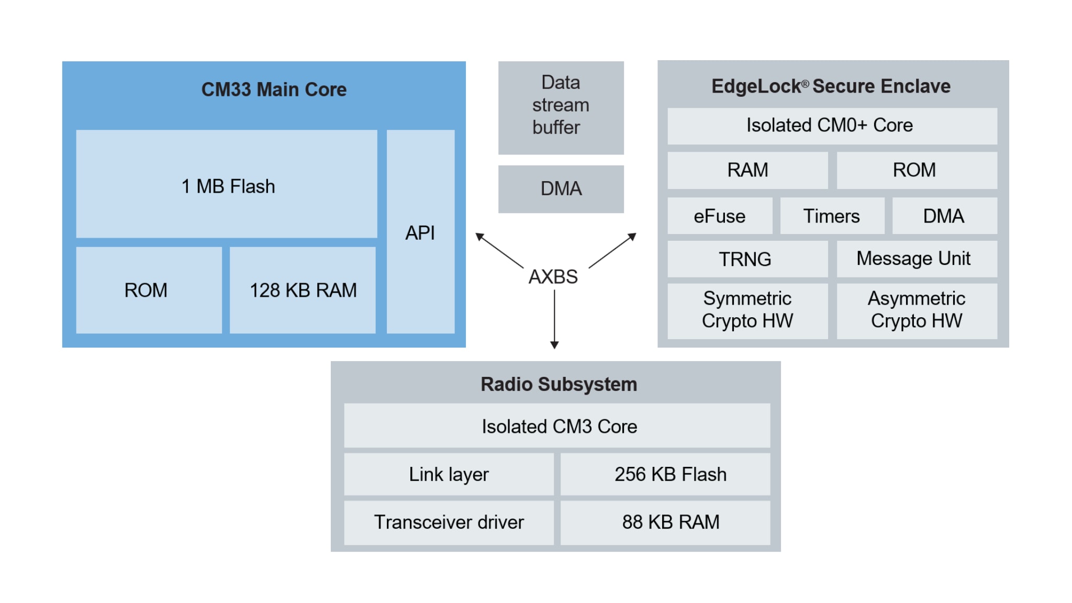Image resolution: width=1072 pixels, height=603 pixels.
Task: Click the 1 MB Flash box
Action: [x=227, y=184]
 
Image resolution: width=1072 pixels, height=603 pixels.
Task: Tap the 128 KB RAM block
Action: [x=303, y=290]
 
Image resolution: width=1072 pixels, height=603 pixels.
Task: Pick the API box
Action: [x=420, y=232]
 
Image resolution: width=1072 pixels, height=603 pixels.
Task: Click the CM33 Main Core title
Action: [x=274, y=90]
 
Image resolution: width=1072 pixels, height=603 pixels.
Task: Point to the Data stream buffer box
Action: [x=561, y=107]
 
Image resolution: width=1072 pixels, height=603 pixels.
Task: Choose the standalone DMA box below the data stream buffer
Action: [x=561, y=189]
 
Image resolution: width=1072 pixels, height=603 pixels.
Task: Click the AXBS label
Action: [x=553, y=276]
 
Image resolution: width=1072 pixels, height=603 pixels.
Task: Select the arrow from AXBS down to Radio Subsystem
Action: [x=554, y=319]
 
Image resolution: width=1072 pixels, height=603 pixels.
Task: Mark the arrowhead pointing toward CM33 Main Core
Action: [x=479, y=236]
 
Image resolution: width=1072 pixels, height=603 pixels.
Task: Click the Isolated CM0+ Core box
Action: [x=832, y=126]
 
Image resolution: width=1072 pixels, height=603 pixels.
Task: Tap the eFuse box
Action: [x=720, y=216]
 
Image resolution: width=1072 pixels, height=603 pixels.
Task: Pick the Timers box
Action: [x=832, y=216]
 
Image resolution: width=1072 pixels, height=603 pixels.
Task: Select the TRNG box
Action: [x=747, y=259]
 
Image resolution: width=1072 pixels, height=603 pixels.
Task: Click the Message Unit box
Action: [x=916, y=259]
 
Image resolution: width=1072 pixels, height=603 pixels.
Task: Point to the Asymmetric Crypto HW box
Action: [x=916, y=310]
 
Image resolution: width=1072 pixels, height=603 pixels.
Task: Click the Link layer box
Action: [x=449, y=474]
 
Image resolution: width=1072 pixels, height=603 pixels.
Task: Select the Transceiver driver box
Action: [x=449, y=522]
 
